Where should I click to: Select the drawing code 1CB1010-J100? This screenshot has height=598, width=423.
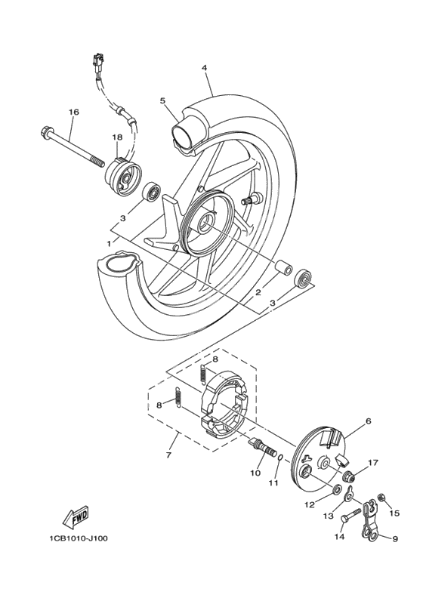79,538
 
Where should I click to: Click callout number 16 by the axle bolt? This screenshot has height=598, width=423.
73,112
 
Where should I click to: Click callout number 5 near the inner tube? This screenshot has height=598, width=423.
162,100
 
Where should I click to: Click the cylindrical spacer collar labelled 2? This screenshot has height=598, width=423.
284,267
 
